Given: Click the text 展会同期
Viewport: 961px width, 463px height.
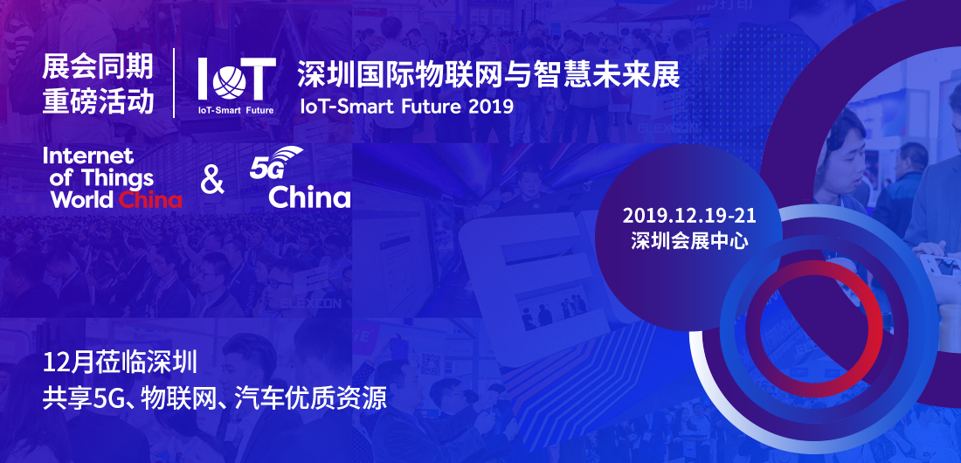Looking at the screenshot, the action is pos(98,67).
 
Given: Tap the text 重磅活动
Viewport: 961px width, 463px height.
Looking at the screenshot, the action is pos(98,102).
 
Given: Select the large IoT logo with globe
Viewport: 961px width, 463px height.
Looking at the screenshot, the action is pos(237,79).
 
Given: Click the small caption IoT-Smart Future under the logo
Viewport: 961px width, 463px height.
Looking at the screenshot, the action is pos(236,111).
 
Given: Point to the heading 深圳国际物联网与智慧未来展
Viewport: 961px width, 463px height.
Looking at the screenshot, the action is pos(488,75).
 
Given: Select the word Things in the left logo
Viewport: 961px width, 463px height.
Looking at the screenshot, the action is pos(118,178).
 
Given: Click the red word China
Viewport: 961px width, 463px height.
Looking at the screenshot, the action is pos(150,200).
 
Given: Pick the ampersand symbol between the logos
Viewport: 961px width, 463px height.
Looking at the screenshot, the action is pos(212,181).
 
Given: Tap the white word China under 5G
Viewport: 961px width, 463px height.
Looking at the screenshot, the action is pos(309,197).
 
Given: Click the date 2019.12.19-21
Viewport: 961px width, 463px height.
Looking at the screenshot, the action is pos(689,216).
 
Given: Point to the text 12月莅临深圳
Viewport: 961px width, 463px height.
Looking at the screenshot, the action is pos(120,363).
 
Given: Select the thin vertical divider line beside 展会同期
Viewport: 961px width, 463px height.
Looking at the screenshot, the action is pos(174,83).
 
